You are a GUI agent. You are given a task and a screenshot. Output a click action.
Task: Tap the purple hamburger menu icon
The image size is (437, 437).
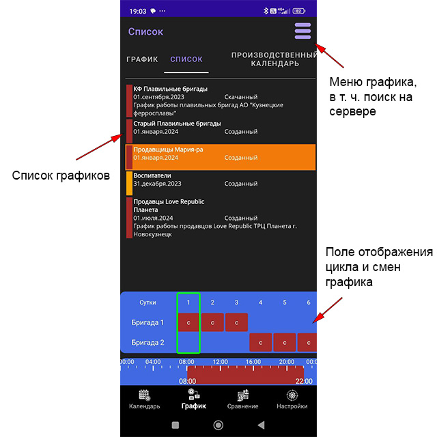coord(302,31)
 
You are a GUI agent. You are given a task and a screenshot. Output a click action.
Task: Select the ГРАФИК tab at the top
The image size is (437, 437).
coord(142,59)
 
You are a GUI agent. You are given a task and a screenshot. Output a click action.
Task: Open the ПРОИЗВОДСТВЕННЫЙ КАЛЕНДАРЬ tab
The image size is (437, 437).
coord(274,59)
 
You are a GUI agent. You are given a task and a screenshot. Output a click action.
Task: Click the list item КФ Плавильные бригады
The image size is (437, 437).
coord(170,89)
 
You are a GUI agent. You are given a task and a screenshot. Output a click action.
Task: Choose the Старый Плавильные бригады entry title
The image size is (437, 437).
coord(177,124)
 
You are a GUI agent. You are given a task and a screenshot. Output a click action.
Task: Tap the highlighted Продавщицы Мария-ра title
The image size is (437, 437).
coord(168,150)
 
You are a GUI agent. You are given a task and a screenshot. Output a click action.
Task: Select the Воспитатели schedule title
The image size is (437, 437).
coord(152,175)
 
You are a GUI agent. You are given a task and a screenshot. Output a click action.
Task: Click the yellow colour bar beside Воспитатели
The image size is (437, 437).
coord(129,183)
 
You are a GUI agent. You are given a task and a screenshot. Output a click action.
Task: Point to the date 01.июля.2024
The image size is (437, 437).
coord(153,218)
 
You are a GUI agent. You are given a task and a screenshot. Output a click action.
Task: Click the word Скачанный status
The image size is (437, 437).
coord(241,97)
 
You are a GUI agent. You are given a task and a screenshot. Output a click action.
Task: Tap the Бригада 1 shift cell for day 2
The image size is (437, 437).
coord(212,322)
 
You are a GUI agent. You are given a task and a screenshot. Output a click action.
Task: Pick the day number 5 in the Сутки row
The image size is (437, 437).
coord(285,302)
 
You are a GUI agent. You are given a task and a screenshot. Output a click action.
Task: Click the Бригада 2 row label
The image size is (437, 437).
coord(147,342)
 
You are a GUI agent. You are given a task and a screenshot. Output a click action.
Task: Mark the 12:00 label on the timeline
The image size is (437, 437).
coord(220,362)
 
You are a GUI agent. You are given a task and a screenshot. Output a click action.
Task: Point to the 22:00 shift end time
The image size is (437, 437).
coord(304,381)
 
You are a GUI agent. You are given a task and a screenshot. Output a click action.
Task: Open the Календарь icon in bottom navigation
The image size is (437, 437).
coord(144,395)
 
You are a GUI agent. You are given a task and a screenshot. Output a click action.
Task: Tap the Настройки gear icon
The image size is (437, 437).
coord(292,395)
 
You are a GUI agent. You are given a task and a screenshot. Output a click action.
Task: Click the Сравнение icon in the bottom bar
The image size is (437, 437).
coord(243,395)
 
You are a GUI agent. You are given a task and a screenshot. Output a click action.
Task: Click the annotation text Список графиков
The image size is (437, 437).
coord(61,175)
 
